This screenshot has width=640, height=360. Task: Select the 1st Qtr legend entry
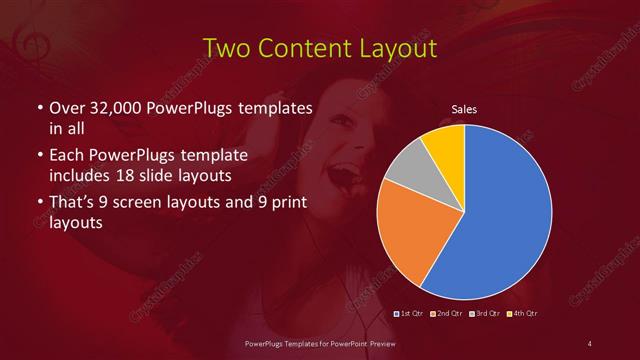point(411,314)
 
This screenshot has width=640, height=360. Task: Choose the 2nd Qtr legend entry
point(447,314)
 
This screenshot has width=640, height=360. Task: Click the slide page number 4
point(589,344)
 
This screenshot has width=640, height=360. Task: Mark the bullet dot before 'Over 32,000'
point(38,108)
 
